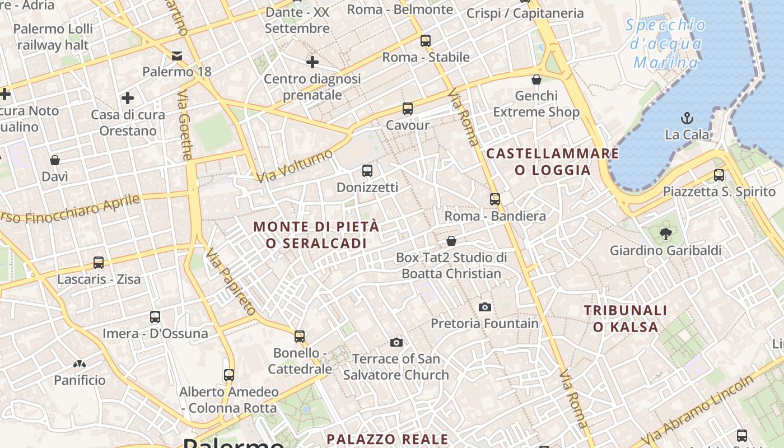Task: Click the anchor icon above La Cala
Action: coord(687,118)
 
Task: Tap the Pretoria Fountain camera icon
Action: coord(485,307)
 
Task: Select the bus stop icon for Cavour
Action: coord(407,109)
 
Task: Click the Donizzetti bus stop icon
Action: coord(367,171)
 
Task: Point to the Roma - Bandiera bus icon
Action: coord(494,199)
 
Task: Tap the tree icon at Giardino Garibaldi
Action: coord(665,234)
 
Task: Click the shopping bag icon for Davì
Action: coord(55,161)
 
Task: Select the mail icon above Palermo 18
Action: coord(177,55)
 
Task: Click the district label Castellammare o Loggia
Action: coord(552,162)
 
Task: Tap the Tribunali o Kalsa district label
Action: coord(626,319)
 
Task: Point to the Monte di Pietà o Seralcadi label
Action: coord(316,235)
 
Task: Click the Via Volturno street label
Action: coord(295,166)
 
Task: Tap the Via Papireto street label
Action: coord(230,283)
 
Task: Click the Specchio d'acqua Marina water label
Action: coord(666,44)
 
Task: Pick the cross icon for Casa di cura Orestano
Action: coord(128,99)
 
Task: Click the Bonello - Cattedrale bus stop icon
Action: coord(300,337)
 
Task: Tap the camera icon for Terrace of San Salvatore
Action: coord(396,342)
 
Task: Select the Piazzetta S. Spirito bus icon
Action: coord(719,175)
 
